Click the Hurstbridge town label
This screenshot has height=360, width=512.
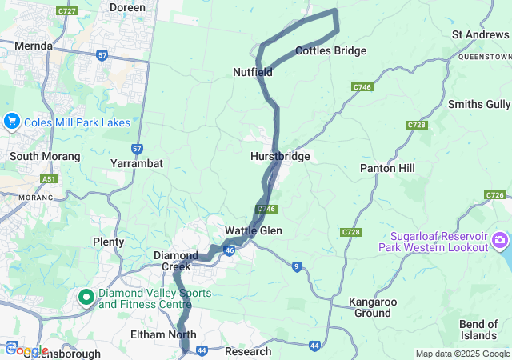pyautogui.click(x=279, y=156)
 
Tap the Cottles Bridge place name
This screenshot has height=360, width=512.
pyautogui.click(x=330, y=50)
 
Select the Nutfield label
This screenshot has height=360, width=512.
pyautogui.click(x=253, y=72)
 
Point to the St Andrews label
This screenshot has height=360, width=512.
pyautogui.click(x=480, y=34)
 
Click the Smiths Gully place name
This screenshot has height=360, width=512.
pyautogui.click(x=478, y=104)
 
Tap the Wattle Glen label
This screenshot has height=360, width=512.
pyautogui.click(x=253, y=230)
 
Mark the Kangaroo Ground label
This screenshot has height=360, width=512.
pyautogui.click(x=374, y=308)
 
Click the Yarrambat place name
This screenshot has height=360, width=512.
pyautogui.click(x=136, y=163)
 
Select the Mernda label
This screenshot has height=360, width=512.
pyautogui.click(x=33, y=46)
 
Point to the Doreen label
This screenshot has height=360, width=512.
pyautogui.click(x=127, y=7)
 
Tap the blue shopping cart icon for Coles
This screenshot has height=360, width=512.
pyautogui.click(x=11, y=122)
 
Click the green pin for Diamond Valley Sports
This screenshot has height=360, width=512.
pyautogui.click(x=86, y=298)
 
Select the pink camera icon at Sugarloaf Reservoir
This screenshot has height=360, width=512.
pyautogui.click(x=500, y=240)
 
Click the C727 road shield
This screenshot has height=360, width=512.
pyautogui.click(x=67, y=10)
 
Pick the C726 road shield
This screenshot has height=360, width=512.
pyautogui.click(x=494, y=195)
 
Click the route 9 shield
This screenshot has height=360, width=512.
pyautogui.click(x=296, y=266)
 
